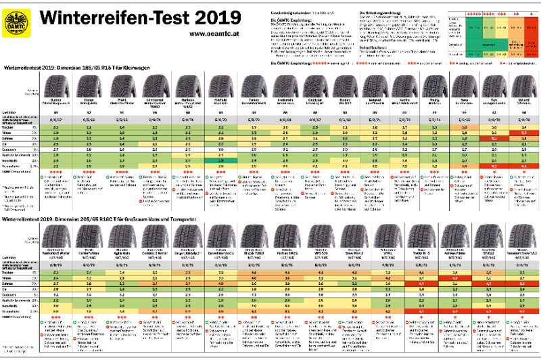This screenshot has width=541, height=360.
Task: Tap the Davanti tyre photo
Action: (x=520, y=89)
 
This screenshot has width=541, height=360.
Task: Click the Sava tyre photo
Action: (x=458, y=89)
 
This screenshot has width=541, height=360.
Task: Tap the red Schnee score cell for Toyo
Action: (x=489, y=139)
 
